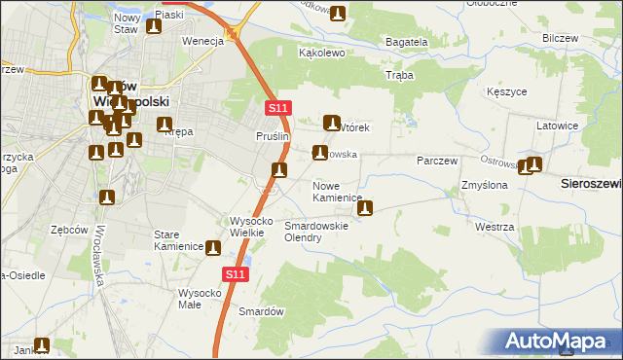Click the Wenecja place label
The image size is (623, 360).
tap(203, 41)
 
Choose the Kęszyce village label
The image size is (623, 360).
tap(506, 92)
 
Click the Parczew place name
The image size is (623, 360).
tap(437, 160)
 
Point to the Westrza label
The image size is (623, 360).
tap(495, 226)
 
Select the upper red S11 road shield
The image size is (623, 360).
tap(277, 109)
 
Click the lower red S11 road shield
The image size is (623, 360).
tap(234, 275)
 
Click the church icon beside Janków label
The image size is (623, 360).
tap(42, 345)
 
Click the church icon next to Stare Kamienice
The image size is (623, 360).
tap(212, 248)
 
